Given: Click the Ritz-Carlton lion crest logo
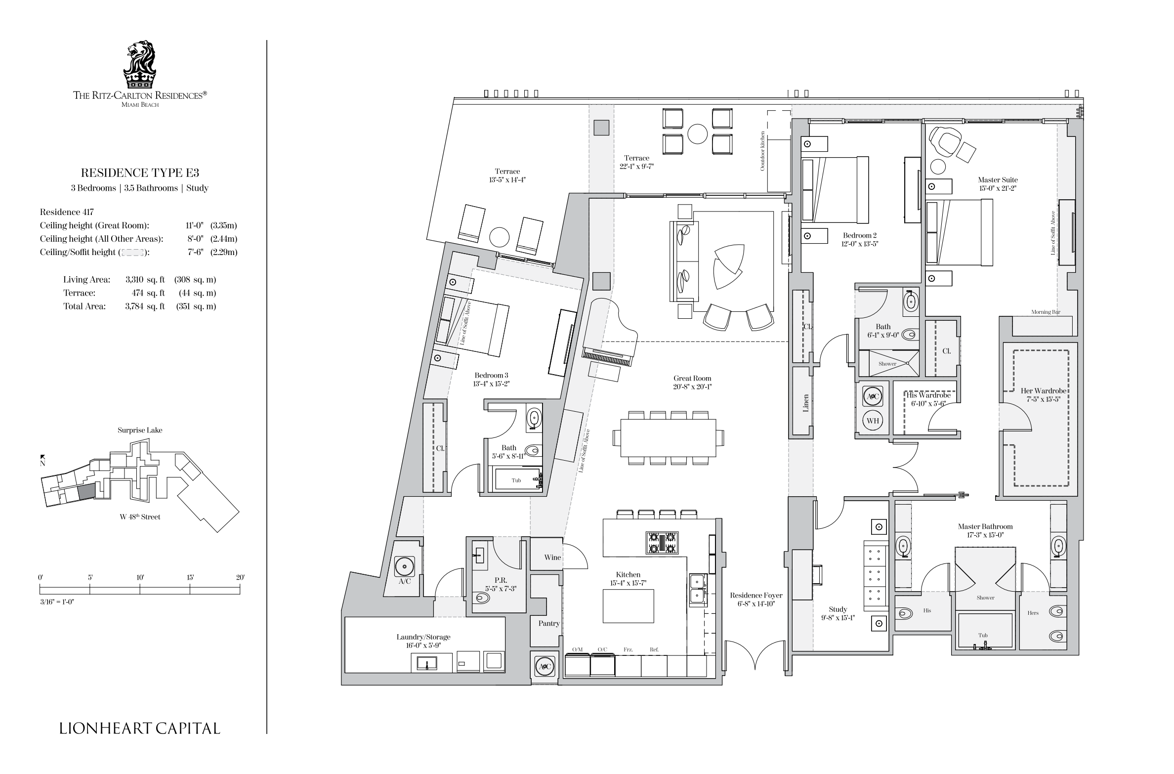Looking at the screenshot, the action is (x=140, y=64).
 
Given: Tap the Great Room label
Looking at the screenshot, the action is (x=692, y=379).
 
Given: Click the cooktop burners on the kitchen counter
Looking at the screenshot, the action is (x=662, y=543).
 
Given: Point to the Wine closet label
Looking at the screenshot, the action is (x=552, y=558).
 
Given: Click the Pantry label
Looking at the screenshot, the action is (x=549, y=623).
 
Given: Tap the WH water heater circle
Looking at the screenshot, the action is (x=873, y=421).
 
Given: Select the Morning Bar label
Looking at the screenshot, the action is (x=1046, y=312).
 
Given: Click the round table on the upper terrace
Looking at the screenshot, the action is (x=698, y=133).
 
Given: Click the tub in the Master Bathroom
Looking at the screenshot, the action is (x=985, y=631).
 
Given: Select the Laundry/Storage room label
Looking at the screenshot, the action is (x=423, y=637).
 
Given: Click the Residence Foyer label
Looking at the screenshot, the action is (x=756, y=595).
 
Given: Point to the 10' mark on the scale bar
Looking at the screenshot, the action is (x=140, y=577).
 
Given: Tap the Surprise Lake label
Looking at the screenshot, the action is (x=140, y=430).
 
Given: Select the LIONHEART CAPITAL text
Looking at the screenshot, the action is (x=140, y=728).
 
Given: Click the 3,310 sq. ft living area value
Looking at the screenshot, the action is (x=145, y=280).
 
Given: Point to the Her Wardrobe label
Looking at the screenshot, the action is (x=1044, y=391).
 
